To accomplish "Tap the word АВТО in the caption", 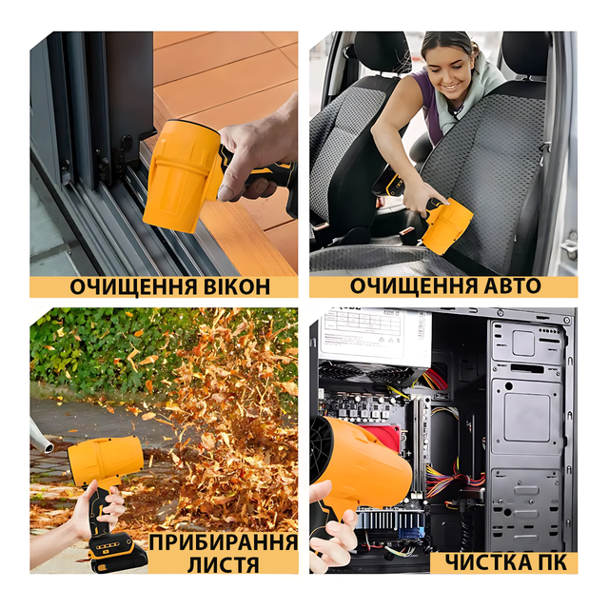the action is (510, 285).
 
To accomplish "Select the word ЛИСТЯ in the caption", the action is (223, 564).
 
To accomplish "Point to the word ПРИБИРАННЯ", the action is (223, 542).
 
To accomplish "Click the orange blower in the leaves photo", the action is (106, 460).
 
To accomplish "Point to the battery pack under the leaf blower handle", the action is (118, 552).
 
